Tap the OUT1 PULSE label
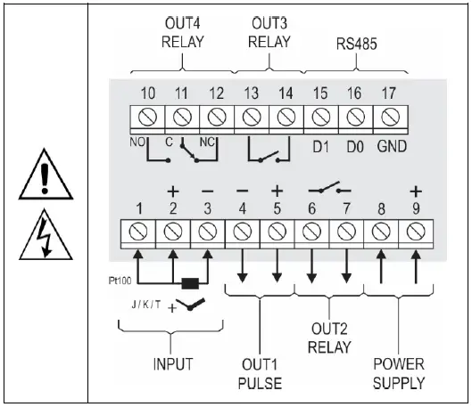pyautogui.click(x=259, y=373)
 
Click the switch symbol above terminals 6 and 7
pyautogui.click(x=323, y=190)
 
